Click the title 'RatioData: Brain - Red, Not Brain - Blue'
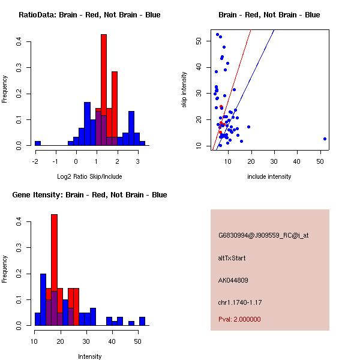[89, 15]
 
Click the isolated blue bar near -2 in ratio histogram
[38, 143]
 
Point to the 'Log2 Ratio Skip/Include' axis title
[89, 176]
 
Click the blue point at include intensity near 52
[325, 139]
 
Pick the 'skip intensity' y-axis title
[184, 90]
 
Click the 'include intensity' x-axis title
[269, 176]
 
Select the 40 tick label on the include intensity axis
[297, 161]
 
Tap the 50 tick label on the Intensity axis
[137, 341]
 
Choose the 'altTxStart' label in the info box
[232, 258]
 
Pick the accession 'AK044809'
[233, 280]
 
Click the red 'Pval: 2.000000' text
[239, 319]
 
